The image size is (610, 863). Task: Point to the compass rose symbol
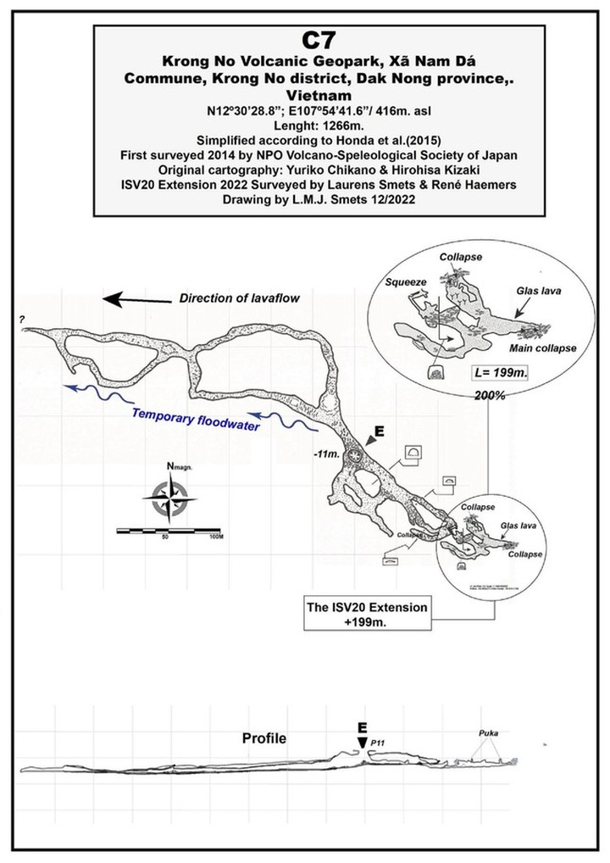(x=173, y=498)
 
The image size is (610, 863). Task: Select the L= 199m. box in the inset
(x=499, y=374)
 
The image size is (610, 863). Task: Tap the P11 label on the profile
(x=378, y=743)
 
